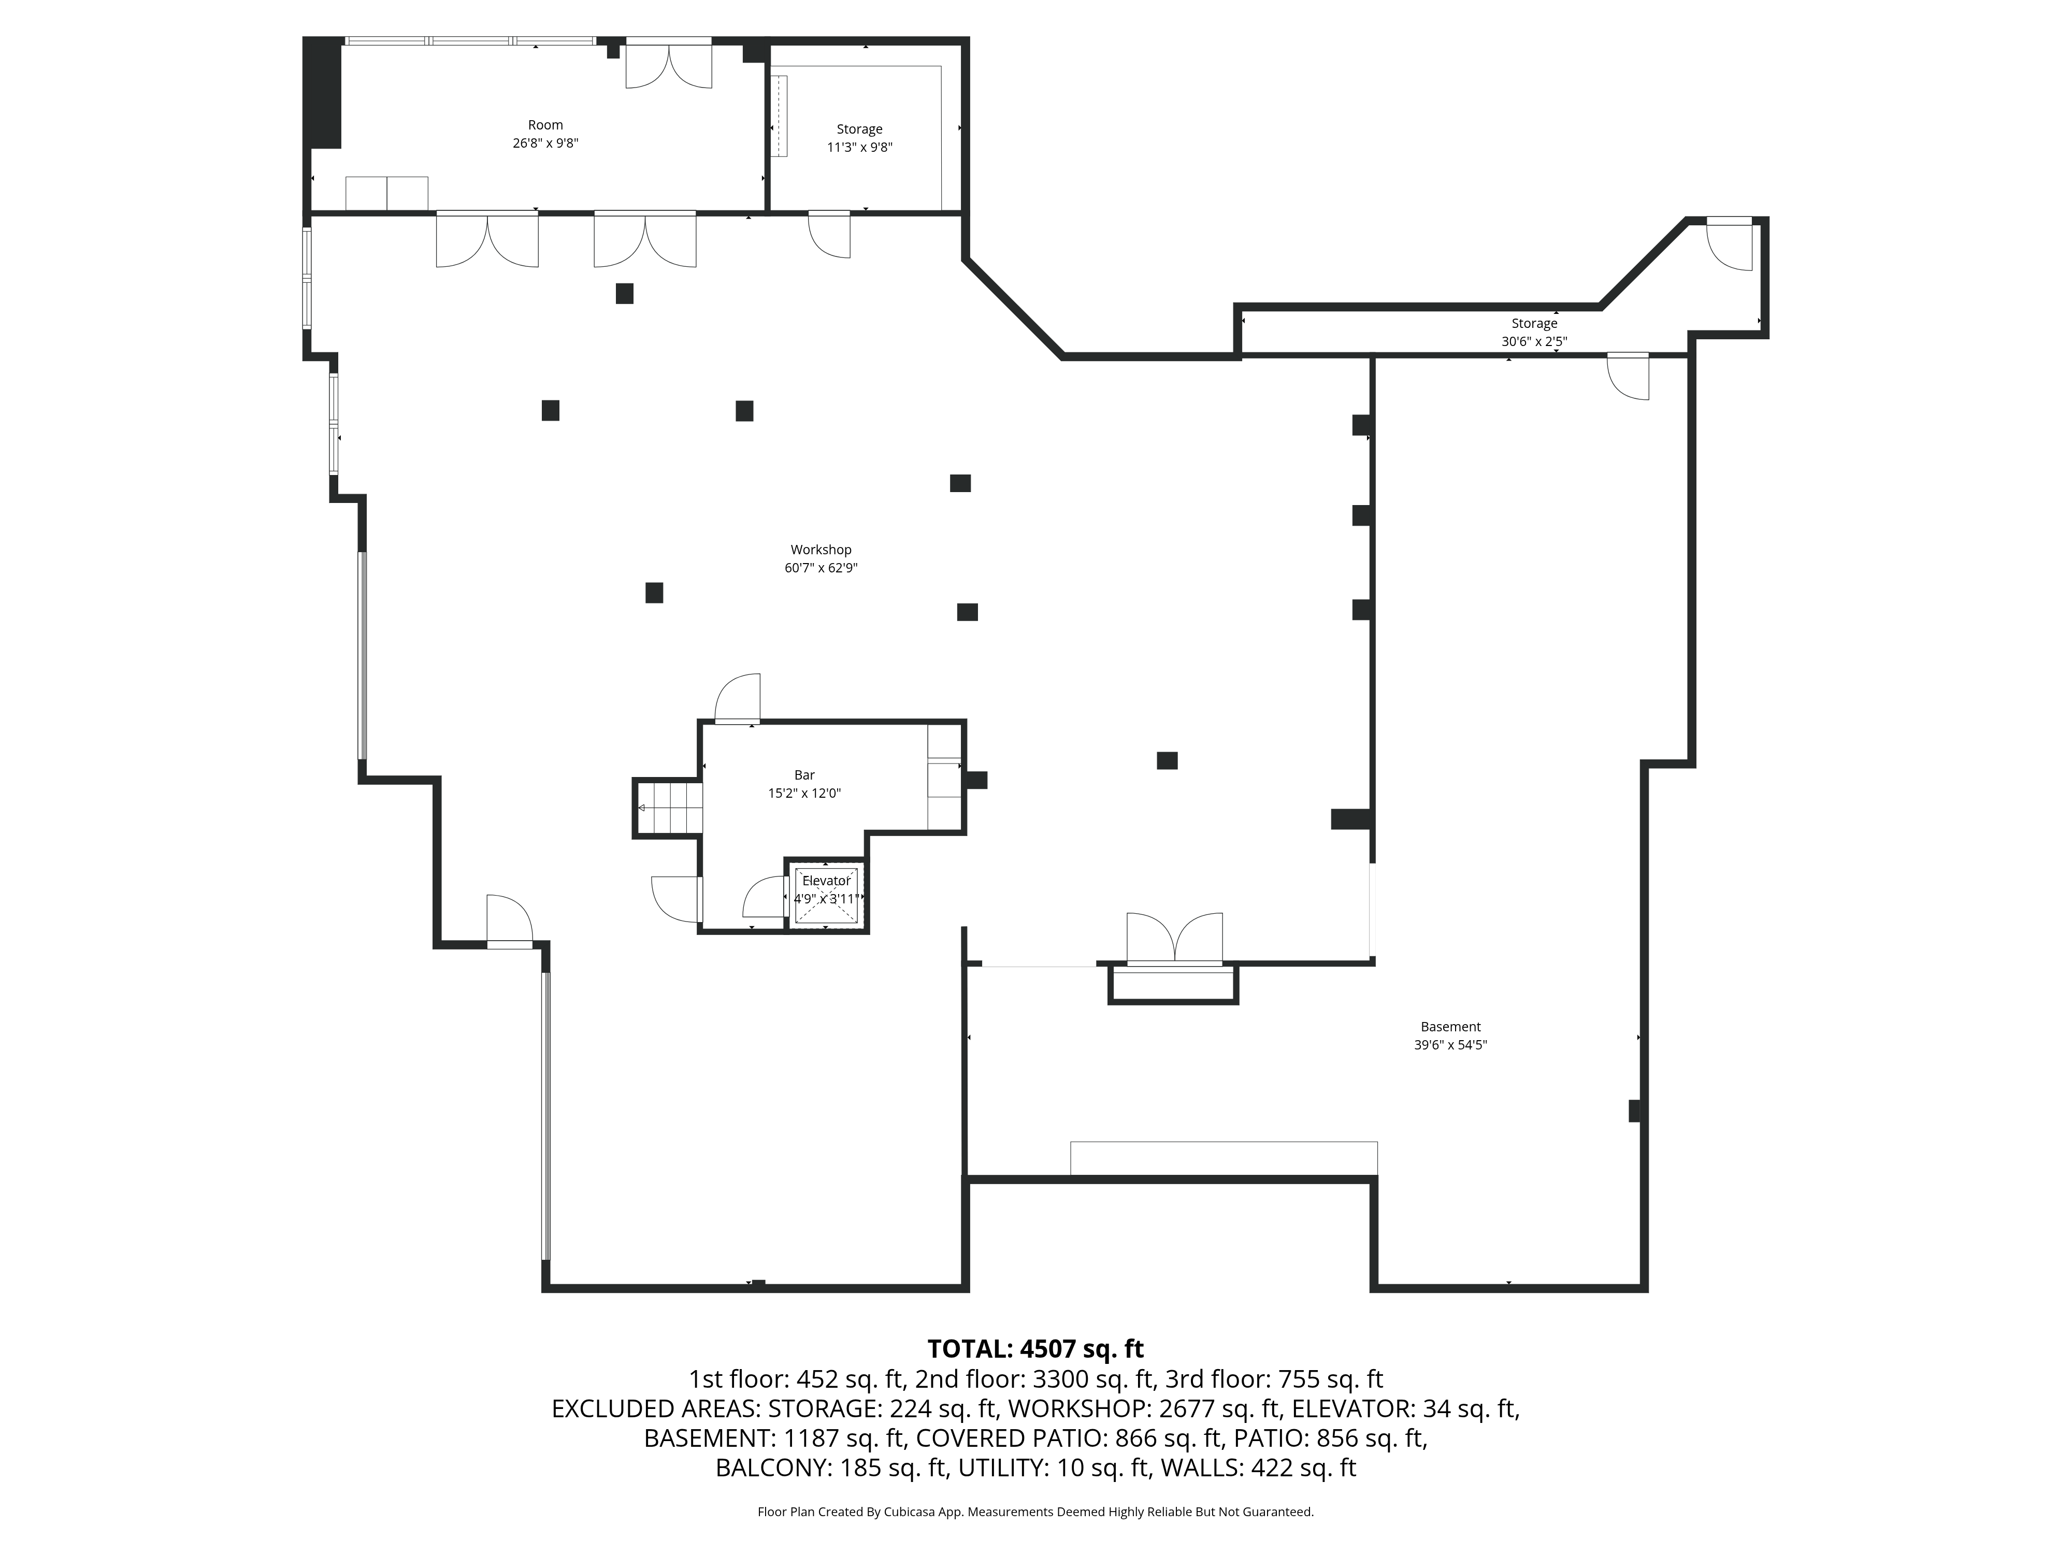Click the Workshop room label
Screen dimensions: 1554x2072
(821, 550)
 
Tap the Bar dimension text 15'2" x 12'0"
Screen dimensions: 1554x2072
(804, 794)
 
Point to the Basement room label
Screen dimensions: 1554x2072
(1450, 1027)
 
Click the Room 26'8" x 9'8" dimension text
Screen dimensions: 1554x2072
(545, 143)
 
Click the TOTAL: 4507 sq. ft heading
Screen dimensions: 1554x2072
(1035, 1349)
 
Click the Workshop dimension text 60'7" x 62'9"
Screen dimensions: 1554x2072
(821, 568)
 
